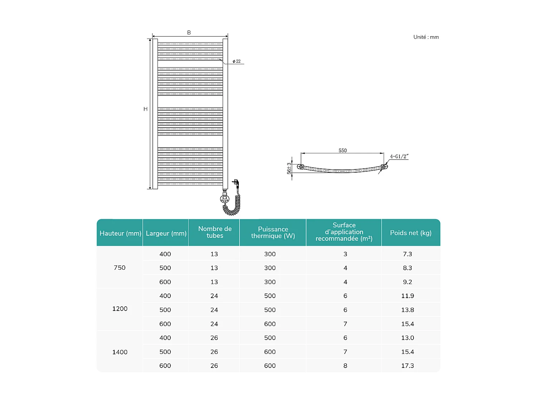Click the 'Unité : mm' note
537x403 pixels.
click(426, 37)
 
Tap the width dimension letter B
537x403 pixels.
click(189, 33)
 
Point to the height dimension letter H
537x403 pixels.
click(145, 109)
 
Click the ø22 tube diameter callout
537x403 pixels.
click(237, 61)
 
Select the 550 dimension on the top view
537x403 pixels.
click(343, 150)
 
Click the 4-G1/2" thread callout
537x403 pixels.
click(399, 157)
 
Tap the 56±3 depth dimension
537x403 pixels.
click(289, 168)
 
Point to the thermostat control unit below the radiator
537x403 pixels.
click(224, 198)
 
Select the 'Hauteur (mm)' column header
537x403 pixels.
click(120, 233)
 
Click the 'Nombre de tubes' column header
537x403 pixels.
click(215, 232)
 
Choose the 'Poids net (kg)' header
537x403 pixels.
click(411, 233)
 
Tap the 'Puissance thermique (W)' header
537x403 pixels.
click(273, 232)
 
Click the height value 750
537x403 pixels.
click(120, 268)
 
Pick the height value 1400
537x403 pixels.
click(120, 352)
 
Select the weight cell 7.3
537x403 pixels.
click(407, 254)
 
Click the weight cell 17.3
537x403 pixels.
click(407, 366)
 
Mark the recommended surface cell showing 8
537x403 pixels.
click(345, 366)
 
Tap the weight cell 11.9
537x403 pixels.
click(407, 296)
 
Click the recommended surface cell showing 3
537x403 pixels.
click(345, 254)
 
